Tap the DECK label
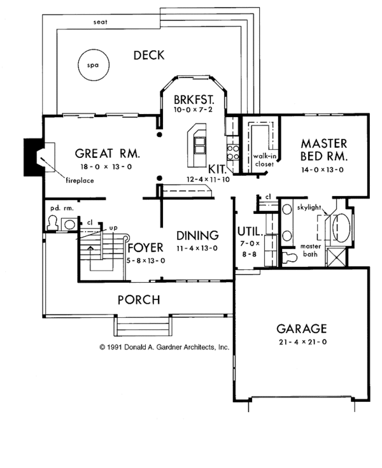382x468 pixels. pyautogui.click(x=148, y=55)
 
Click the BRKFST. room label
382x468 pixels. pyautogui.click(x=194, y=101)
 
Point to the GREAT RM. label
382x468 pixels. pyautogui.click(x=107, y=153)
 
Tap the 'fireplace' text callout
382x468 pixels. pyautogui.click(x=80, y=181)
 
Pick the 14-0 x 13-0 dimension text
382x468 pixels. pyautogui.click(x=323, y=171)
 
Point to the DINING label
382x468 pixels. pyautogui.click(x=197, y=235)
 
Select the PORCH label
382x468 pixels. pyautogui.click(x=138, y=300)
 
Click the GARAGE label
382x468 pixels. pyautogui.click(x=301, y=329)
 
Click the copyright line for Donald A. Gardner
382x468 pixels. pyautogui.click(x=164, y=348)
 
